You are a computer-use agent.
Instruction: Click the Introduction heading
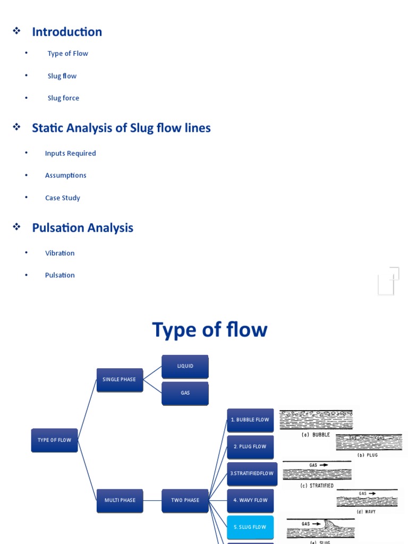tap(67, 32)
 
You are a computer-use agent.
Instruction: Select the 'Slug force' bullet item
tap(63, 98)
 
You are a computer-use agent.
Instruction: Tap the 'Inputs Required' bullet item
tap(70, 154)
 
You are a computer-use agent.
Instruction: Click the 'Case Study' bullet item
tap(62, 198)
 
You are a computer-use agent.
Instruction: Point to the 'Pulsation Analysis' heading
tap(82, 228)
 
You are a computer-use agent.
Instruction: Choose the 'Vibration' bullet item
tap(59, 253)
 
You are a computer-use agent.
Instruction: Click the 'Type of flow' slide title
tap(209, 330)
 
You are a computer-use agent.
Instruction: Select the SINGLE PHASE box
tap(120, 380)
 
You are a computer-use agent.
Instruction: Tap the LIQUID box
tap(185, 367)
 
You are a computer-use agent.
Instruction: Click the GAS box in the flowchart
tap(185, 393)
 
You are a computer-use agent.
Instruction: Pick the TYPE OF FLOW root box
tap(54, 440)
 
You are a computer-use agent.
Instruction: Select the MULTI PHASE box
tap(120, 500)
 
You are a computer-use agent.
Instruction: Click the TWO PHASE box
tap(185, 500)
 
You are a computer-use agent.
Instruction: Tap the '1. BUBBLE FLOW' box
tap(250, 420)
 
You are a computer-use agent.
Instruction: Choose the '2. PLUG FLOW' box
tap(250, 447)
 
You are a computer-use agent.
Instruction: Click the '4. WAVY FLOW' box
tap(250, 500)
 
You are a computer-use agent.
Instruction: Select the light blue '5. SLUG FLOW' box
tap(250, 527)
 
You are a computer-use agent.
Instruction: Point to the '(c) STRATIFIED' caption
tap(317, 486)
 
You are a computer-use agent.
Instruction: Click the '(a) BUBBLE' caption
tap(316, 435)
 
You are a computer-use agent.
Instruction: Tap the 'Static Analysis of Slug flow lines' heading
tap(121, 128)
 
